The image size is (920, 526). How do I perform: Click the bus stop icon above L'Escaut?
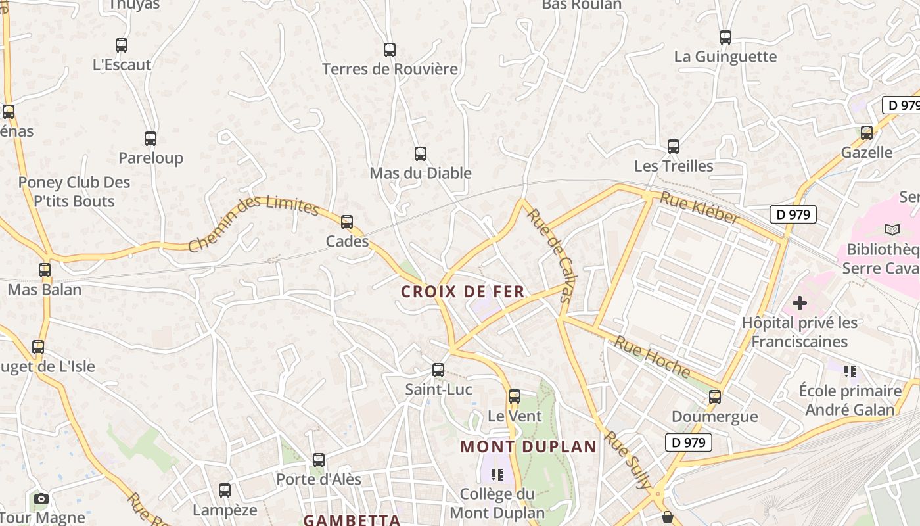pyautogui.click(x=122, y=45)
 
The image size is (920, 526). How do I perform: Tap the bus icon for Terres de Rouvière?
pyautogui.click(x=390, y=50)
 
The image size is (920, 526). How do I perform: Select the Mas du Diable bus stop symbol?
pyautogui.click(x=421, y=154)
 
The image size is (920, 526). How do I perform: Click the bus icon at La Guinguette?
pyautogui.click(x=725, y=37)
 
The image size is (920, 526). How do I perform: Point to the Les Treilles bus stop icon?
pyautogui.click(x=674, y=147)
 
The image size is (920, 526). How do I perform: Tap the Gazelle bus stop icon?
pyautogui.click(x=867, y=133)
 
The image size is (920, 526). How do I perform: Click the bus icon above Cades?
pyautogui.click(x=347, y=222)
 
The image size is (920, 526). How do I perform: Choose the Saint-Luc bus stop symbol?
pyautogui.click(x=438, y=370)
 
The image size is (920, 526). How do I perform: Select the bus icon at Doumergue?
pyautogui.click(x=715, y=397)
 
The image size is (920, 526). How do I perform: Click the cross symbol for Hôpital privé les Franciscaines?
pyautogui.click(x=800, y=303)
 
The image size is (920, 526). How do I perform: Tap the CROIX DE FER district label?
pyautogui.click(x=463, y=291)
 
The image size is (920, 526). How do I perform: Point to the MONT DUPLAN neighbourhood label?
pyautogui.click(x=528, y=447)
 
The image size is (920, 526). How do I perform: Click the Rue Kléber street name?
pyautogui.click(x=699, y=207)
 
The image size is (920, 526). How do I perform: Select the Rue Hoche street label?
pyautogui.click(x=653, y=357)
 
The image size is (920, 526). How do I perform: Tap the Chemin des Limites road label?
pyautogui.click(x=254, y=224)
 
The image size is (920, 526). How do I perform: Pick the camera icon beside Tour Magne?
pyautogui.click(x=41, y=498)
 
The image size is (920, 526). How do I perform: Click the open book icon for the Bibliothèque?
pyautogui.click(x=892, y=229)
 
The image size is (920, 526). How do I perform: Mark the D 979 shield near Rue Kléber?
pyautogui.click(x=793, y=214)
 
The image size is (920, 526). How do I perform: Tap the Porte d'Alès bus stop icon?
pyautogui.click(x=319, y=460)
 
